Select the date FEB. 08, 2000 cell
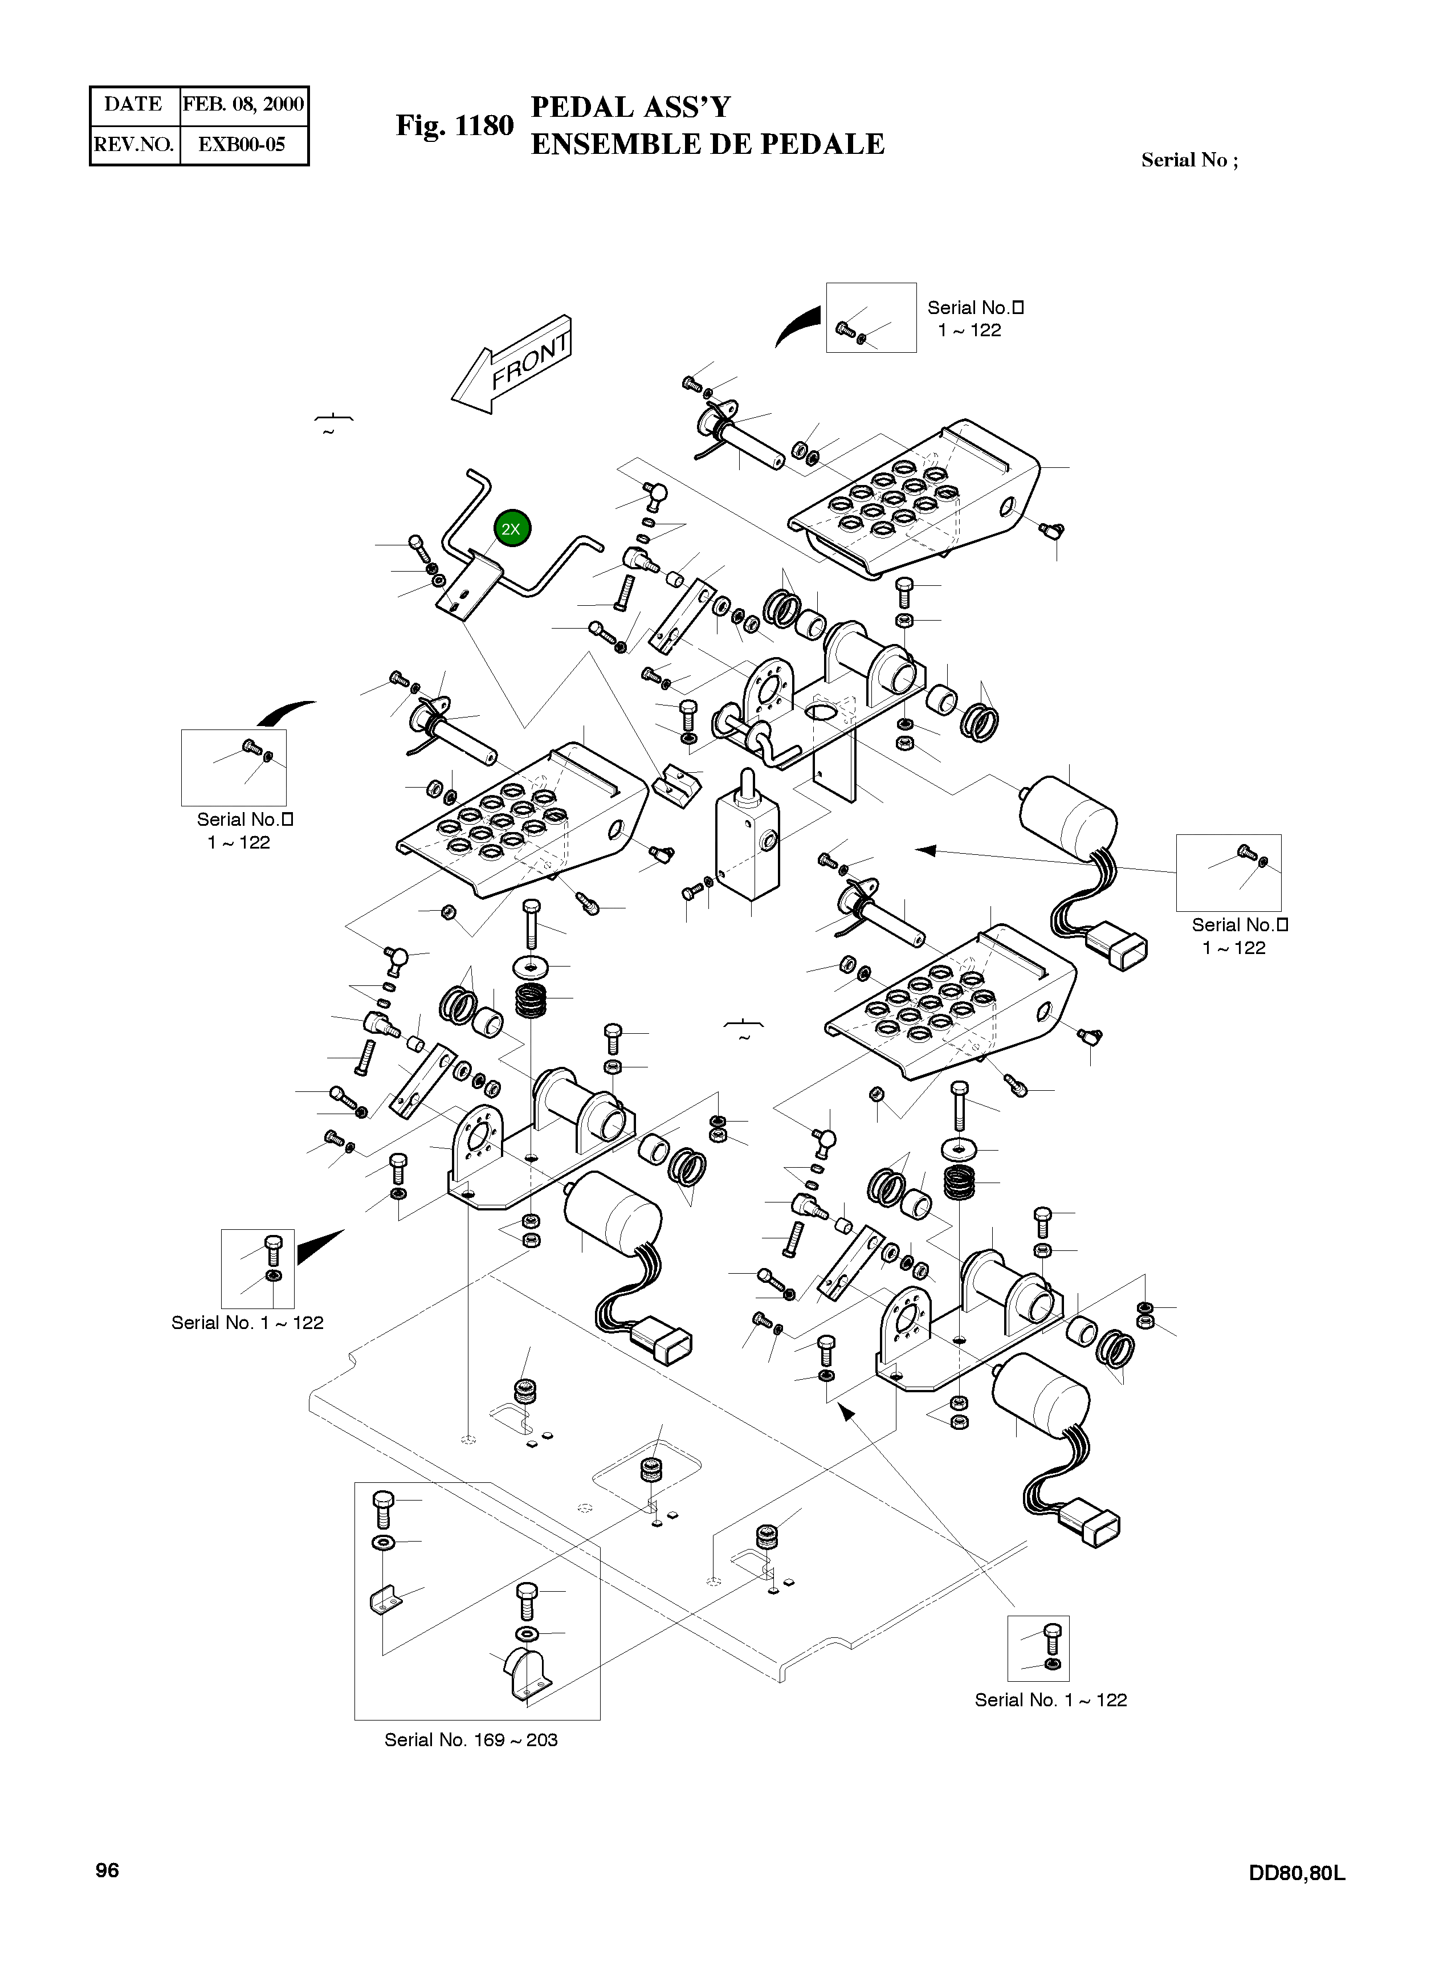coord(243,105)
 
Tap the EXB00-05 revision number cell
coord(242,144)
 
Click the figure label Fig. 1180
coord(455,126)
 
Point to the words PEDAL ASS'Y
coord(630,108)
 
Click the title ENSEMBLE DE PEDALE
coord(707,144)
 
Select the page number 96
coord(107,1870)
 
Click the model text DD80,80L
coord(1297,1873)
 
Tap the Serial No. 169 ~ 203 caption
coord(471,1740)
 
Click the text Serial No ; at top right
coord(1189,160)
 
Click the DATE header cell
coord(134,105)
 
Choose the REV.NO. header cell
coord(134,144)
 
